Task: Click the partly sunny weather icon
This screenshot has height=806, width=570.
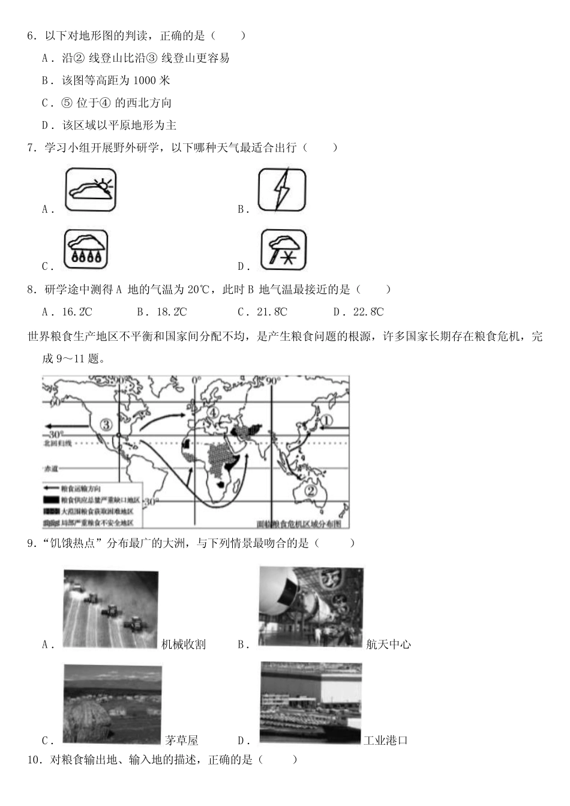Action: tap(90, 189)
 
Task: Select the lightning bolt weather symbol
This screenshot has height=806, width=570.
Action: tap(282, 189)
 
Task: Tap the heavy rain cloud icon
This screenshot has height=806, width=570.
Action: tap(86, 249)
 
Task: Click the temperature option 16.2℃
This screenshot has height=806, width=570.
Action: tap(77, 312)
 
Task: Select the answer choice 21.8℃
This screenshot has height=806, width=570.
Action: tap(272, 312)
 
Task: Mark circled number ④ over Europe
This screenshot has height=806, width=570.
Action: tap(213, 413)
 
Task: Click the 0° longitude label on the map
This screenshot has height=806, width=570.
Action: tap(196, 381)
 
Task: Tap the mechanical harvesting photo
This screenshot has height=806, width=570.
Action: tap(110, 609)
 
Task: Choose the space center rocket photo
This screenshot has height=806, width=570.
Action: tap(311, 606)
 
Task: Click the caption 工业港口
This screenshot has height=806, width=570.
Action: tap(386, 740)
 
